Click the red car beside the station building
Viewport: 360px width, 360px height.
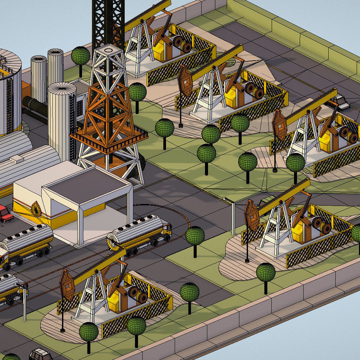(5, 214)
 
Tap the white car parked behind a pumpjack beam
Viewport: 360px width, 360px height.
(340, 102)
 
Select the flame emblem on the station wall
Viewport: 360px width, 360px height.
(36, 209)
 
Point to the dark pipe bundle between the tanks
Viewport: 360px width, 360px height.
(35, 107)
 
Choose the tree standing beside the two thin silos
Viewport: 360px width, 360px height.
(80, 57)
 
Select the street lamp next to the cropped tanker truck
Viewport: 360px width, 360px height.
(24, 300)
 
